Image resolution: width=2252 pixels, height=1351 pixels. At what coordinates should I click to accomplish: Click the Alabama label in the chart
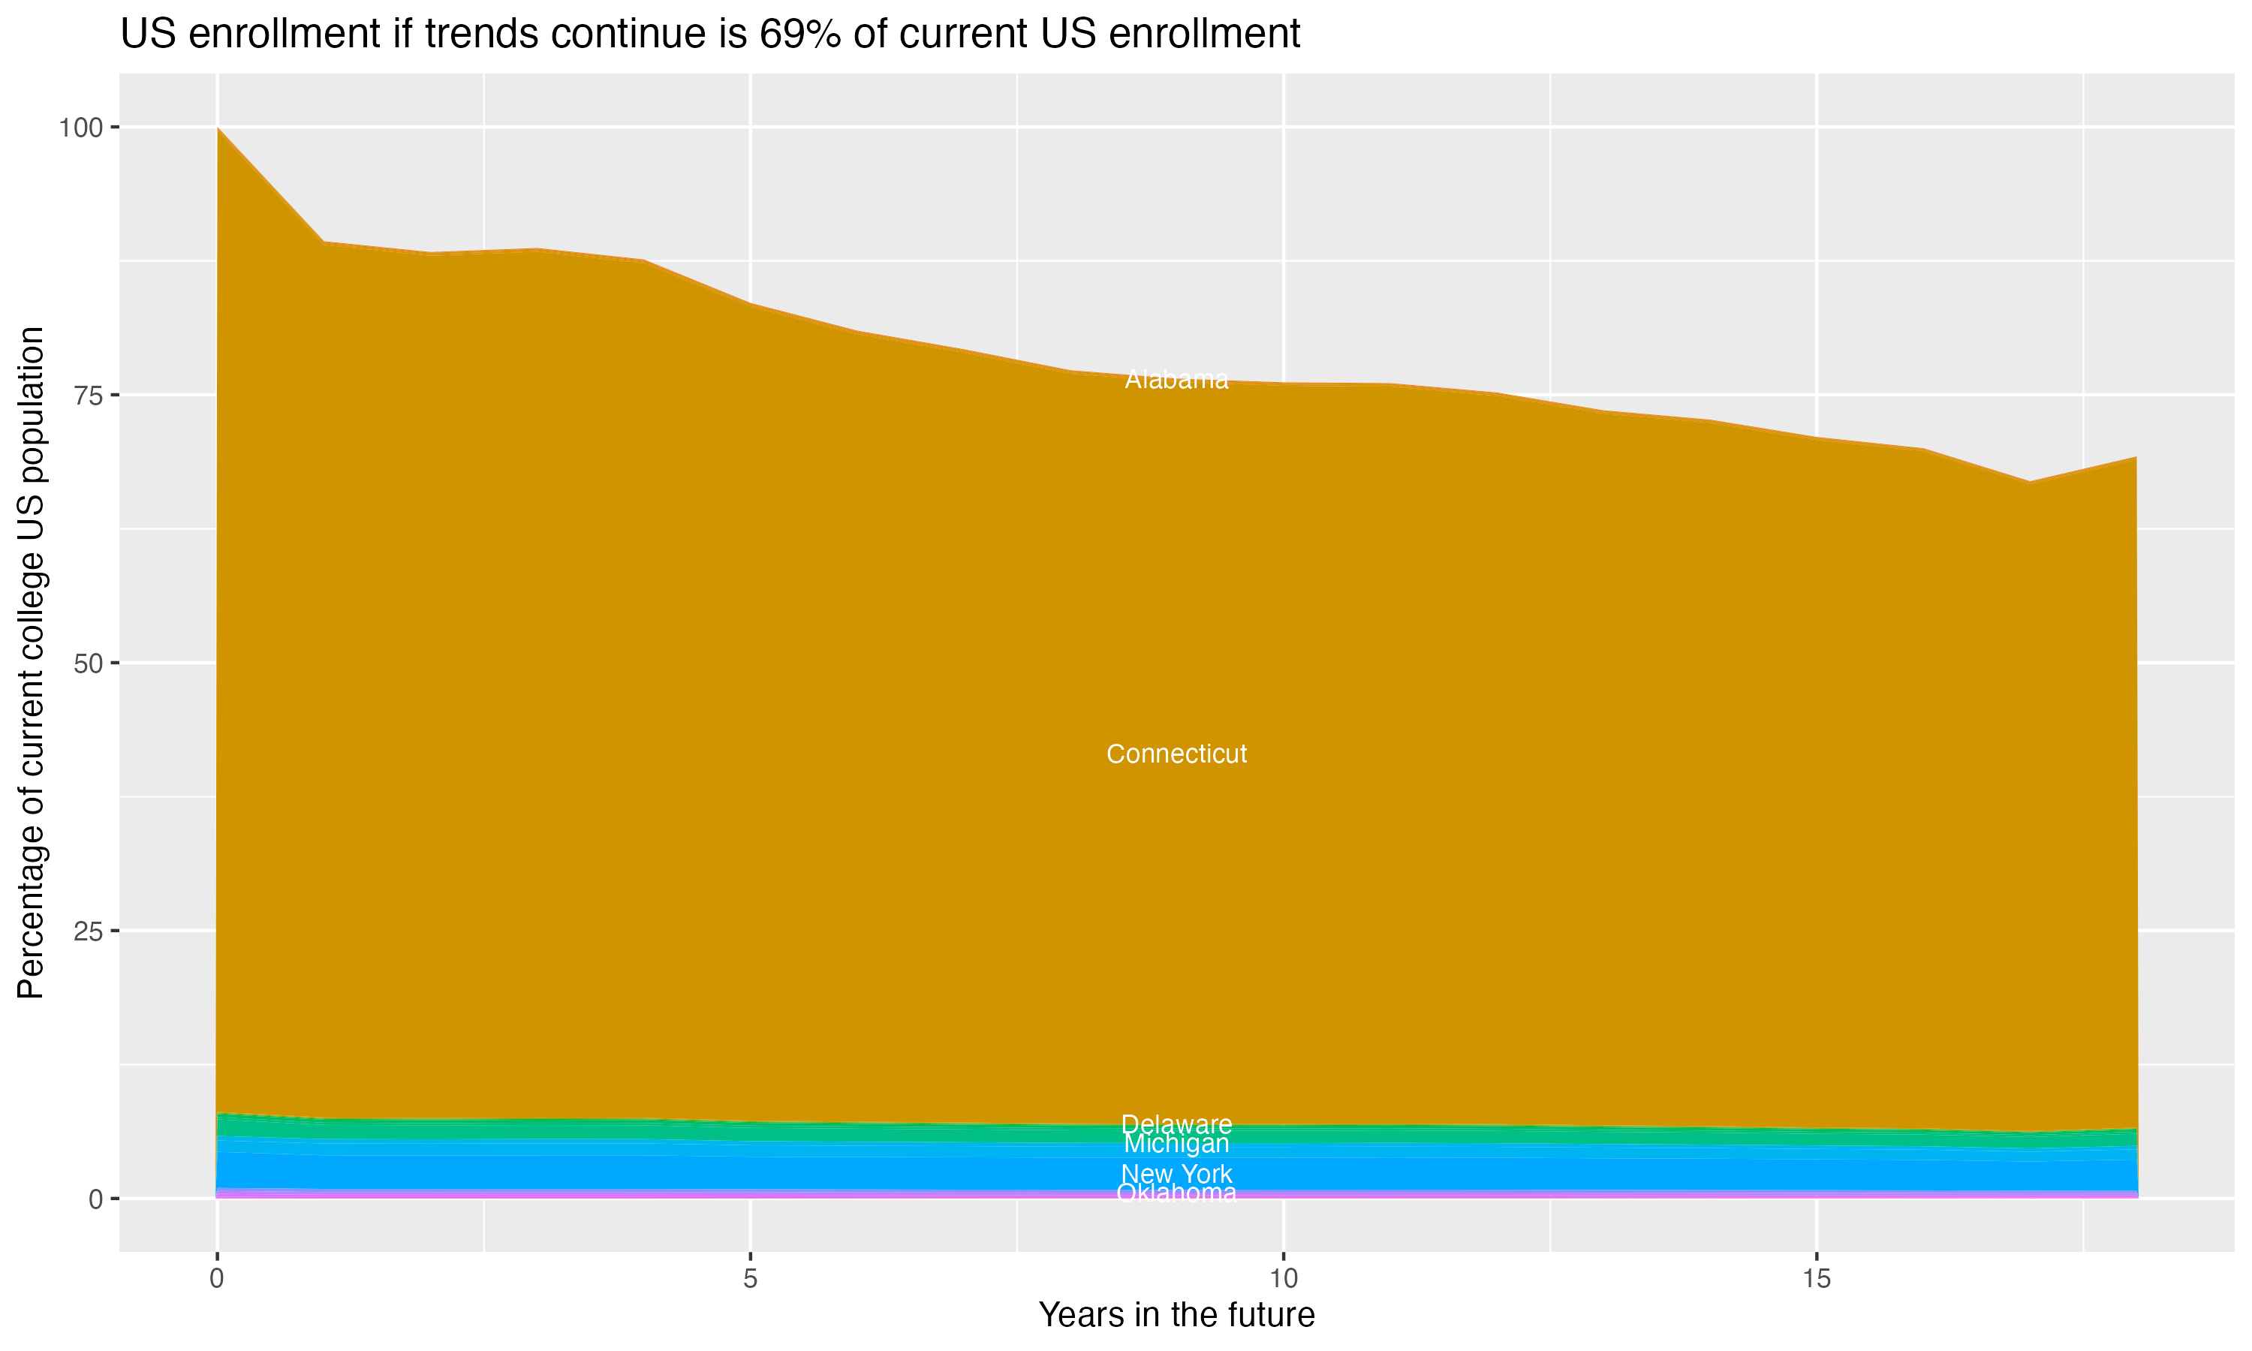coord(1176,380)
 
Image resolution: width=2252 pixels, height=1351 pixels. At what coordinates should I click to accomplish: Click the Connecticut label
coord(1176,754)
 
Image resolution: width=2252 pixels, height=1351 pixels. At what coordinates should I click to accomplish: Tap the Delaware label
coord(1176,1124)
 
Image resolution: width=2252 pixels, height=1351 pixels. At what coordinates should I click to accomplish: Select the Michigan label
coord(1176,1143)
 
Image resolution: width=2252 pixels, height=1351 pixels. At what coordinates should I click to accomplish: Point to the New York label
coord(1176,1175)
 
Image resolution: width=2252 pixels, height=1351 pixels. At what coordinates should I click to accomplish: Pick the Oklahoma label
coord(1176,1193)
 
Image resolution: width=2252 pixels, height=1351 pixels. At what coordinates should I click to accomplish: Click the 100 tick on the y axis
coord(80,128)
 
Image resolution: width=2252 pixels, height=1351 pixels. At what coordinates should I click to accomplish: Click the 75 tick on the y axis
coord(87,395)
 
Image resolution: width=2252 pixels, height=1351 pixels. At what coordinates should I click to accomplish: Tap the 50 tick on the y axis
coord(87,663)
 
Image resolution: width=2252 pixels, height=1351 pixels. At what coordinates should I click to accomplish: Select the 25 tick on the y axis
coord(87,931)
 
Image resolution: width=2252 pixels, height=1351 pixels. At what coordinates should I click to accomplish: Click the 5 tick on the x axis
coord(750,1279)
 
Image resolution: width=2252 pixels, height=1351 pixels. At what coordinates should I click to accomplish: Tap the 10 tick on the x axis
coord(1283,1279)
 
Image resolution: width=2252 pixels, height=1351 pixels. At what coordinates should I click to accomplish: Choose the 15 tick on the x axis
coord(1816,1279)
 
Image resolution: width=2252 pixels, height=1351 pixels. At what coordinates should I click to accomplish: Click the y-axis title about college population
coord(31,663)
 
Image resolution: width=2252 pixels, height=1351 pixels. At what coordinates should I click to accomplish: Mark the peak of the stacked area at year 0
coord(218,128)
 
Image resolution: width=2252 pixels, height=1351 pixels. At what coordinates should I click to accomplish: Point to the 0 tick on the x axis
coord(217,1279)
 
